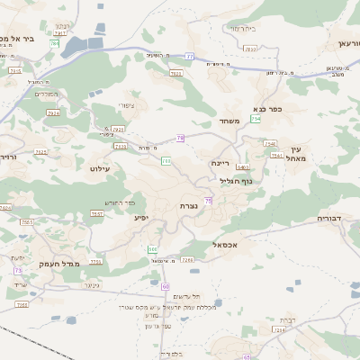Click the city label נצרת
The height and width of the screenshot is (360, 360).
[x=189, y=206]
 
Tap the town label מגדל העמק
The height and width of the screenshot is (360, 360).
[x=61, y=263]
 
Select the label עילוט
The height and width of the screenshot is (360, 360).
[x=99, y=168]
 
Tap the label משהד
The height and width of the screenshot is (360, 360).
[x=228, y=121]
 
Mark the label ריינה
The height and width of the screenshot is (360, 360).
[x=221, y=163]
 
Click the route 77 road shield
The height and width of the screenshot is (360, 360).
[x=190, y=57]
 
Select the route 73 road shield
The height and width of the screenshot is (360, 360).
[x=18, y=270]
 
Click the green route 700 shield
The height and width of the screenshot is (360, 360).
[x=166, y=160]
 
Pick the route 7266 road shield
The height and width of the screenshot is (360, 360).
[x=187, y=260]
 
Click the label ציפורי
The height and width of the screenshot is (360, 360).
[x=126, y=106]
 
